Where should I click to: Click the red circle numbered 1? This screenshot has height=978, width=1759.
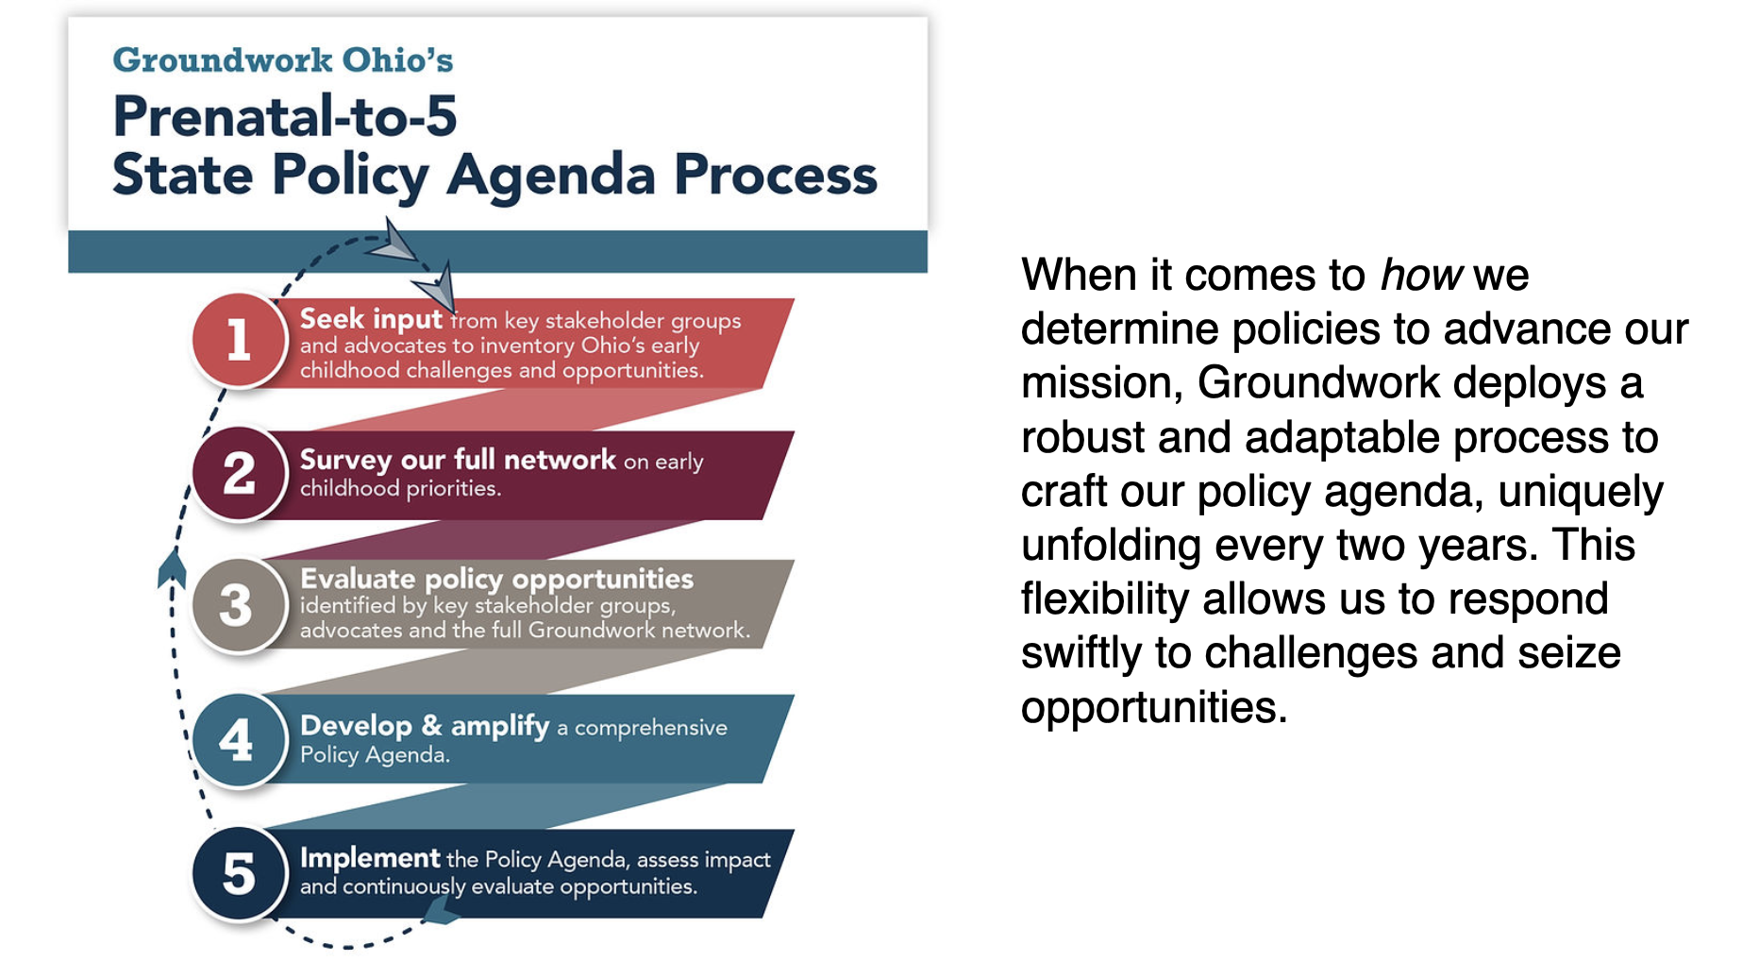tap(239, 339)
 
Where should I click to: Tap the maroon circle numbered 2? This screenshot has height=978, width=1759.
tap(239, 473)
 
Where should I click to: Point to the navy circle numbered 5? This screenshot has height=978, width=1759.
tap(239, 873)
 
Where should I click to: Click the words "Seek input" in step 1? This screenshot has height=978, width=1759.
tap(371, 320)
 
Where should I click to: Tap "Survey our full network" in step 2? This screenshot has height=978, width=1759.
tap(458, 460)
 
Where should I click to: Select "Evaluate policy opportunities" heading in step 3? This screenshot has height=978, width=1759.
tap(496, 579)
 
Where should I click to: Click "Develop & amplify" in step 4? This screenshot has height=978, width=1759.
tap(425, 725)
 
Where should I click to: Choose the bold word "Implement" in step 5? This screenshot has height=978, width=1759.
tap(370, 858)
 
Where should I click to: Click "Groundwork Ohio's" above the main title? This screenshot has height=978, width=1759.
tap(283, 60)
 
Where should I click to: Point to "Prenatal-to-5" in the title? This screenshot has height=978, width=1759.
tap(285, 116)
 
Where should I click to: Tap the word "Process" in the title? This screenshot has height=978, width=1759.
tap(775, 175)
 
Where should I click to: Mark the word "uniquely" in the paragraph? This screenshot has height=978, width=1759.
tap(1581, 493)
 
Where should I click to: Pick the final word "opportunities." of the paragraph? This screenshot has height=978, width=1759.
tap(1154, 708)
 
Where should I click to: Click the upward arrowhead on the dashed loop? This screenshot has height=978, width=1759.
tap(172, 567)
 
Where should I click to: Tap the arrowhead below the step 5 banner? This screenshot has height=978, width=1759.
tap(441, 910)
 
